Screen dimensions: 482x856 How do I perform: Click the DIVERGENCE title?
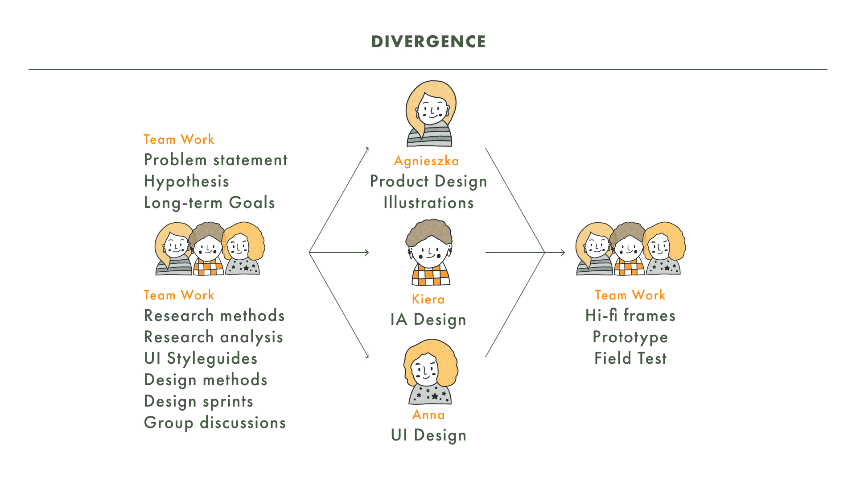point(428,42)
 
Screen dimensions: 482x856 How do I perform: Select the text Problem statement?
point(216,160)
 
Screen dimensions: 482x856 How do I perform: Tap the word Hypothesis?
point(186,181)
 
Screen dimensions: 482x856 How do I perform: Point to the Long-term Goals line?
point(209,203)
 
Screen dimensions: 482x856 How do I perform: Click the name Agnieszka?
point(427,161)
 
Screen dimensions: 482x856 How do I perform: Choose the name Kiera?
point(428,299)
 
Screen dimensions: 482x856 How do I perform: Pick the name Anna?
point(428,415)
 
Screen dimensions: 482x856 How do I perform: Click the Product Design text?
point(428,181)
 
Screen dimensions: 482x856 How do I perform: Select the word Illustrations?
point(428,203)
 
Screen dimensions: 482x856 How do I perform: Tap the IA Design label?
point(428,320)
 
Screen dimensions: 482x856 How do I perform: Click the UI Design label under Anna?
point(428,435)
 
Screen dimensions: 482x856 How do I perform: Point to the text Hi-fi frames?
point(630,316)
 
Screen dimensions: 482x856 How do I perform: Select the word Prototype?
point(630,337)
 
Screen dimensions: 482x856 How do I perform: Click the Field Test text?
point(630,358)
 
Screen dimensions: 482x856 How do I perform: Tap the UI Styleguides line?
point(201,358)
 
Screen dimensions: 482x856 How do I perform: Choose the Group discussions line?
point(215,423)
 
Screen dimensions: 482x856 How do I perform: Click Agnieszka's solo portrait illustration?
point(430,114)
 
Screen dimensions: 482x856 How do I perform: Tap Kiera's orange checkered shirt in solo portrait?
point(431,275)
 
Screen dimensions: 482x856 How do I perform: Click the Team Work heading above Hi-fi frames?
point(630,295)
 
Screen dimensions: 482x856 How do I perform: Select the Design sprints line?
point(198,401)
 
